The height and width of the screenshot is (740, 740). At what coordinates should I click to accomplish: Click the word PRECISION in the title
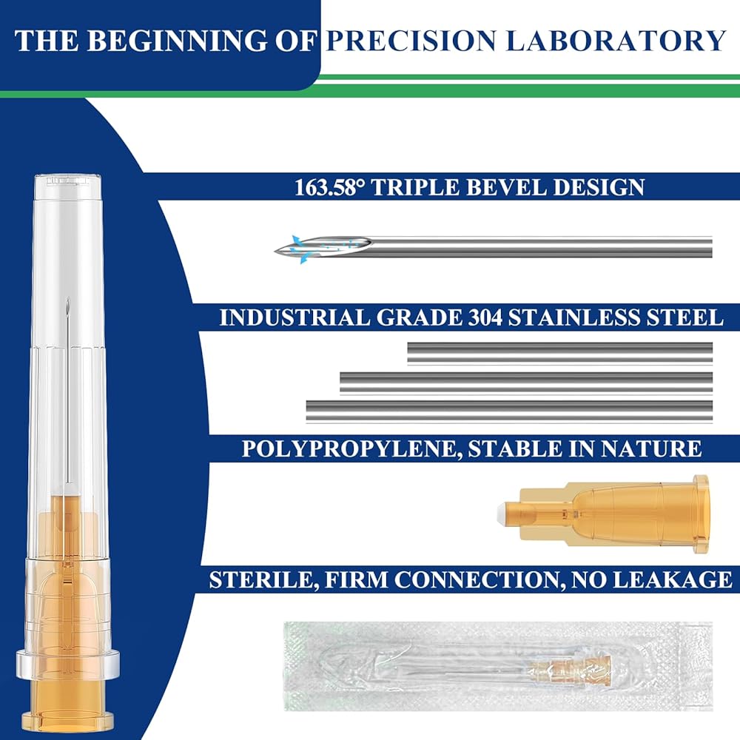[411, 41]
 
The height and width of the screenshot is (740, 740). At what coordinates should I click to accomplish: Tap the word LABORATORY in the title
[616, 41]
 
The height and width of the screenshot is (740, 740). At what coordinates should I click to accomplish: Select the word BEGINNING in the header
[177, 41]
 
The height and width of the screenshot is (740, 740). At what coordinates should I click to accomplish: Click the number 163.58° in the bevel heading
[330, 187]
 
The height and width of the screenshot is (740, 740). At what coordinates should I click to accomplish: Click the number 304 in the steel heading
[485, 317]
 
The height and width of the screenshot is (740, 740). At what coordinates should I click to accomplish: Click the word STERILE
[261, 579]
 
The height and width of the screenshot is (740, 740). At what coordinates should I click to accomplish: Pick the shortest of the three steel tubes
[559, 353]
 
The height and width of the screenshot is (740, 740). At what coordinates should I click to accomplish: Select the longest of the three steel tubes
[509, 411]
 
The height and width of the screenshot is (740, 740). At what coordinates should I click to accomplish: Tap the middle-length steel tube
[526, 383]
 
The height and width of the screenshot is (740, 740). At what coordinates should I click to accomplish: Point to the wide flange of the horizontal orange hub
[701, 514]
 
